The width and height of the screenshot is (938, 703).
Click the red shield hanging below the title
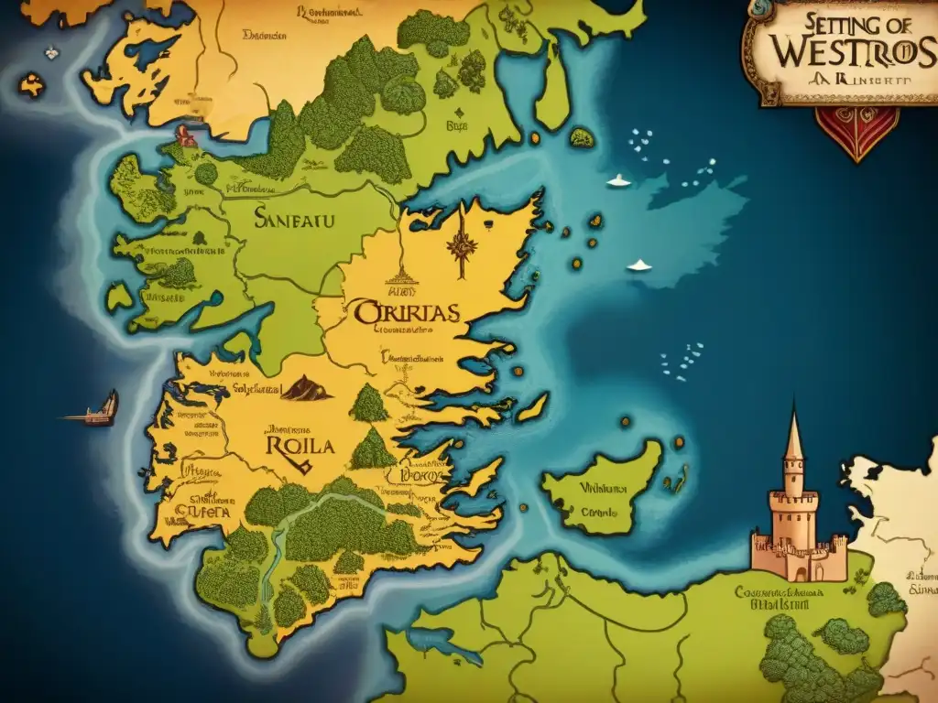(x=857, y=133)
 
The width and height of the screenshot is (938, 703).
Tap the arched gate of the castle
(x=801, y=571)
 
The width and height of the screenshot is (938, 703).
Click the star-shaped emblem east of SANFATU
(x=459, y=245)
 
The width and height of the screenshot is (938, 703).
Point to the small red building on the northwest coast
(x=186, y=135)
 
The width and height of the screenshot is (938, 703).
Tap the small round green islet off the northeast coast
(x=581, y=138)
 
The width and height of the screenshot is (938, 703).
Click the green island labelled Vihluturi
(x=600, y=487)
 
